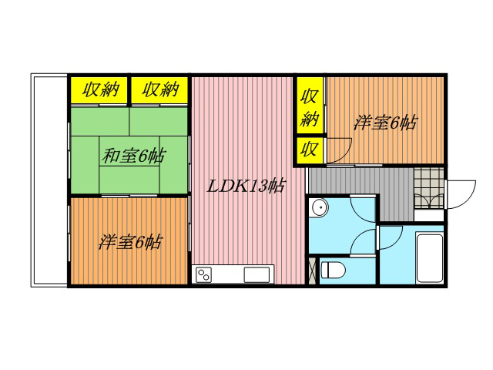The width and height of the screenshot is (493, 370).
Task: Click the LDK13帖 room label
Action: (246, 187)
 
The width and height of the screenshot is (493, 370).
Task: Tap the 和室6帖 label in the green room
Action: (132, 156)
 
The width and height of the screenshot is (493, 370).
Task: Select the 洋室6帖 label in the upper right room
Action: (385, 123)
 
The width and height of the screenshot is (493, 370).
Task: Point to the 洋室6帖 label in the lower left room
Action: (130, 242)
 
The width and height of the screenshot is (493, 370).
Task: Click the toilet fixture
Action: (334, 270)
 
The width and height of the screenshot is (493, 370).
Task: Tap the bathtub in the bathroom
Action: (430, 258)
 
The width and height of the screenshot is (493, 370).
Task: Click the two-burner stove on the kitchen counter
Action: (203, 274)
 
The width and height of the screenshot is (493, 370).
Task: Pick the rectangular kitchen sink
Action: (257, 274)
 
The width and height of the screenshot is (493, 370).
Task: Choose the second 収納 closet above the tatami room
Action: (160, 89)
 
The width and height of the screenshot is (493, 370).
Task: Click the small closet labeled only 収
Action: (309, 150)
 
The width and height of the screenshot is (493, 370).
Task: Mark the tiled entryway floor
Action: (429, 188)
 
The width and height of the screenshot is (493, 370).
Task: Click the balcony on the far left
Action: (49, 180)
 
